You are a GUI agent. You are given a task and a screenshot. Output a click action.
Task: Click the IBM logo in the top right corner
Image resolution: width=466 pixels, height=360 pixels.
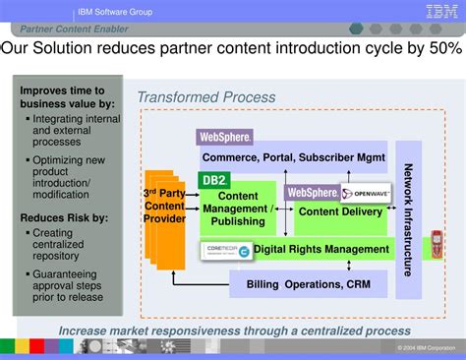coord(440,12)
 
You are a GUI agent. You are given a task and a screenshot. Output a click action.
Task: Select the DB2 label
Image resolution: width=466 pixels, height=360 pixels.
coord(213,179)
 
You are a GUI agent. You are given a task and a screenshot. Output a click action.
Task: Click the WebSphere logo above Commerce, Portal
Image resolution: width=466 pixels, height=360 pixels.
coord(225,137)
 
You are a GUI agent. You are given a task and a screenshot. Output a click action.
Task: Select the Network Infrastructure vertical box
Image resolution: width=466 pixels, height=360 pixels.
coord(408,218)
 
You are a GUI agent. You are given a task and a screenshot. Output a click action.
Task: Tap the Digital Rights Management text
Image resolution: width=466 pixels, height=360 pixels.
coord(321,249)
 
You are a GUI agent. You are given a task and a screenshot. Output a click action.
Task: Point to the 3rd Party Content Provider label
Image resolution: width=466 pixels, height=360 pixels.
coord(164,205)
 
